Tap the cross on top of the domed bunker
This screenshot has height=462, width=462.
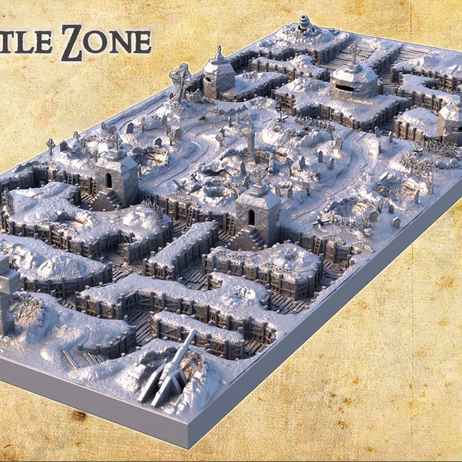point(354,51)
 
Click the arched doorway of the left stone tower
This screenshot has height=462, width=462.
point(108,181)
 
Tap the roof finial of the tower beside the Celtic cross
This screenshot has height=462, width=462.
point(219,51)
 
